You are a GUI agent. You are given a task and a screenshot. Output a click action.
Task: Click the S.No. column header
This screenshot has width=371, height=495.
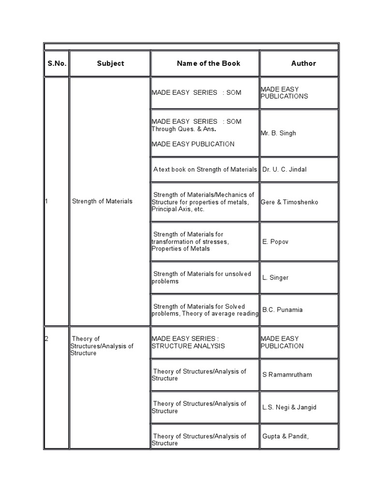point(57,63)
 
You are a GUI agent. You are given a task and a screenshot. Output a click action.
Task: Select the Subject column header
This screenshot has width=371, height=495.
point(110,63)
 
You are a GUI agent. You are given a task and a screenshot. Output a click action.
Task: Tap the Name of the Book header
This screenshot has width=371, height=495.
point(208,63)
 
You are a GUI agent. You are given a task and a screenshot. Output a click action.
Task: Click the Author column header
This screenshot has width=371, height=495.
point(303,63)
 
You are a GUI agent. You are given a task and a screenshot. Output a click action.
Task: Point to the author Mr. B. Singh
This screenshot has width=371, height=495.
point(279,133)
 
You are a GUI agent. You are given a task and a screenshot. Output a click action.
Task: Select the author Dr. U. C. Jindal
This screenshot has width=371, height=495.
point(285,170)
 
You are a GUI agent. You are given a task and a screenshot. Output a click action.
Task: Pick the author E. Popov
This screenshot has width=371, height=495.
point(275,242)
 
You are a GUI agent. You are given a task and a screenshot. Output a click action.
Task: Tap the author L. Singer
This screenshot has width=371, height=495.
point(275,277)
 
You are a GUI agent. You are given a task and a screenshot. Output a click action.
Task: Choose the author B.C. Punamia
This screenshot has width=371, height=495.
point(283,310)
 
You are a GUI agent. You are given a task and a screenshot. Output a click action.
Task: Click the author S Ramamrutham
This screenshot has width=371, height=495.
point(287,375)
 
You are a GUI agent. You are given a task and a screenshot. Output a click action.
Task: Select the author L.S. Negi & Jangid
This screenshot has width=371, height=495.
point(289,407)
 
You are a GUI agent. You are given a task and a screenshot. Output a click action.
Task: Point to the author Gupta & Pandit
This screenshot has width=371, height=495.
point(285,437)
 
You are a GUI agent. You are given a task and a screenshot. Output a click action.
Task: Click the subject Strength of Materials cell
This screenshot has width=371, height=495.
point(102,201)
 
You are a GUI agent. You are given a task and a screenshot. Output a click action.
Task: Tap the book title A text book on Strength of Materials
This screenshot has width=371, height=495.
point(205,170)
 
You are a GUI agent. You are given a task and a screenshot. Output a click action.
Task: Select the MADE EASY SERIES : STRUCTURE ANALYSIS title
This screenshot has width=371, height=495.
point(188,342)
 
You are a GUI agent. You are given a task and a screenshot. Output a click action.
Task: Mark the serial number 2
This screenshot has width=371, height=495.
point(46,339)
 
